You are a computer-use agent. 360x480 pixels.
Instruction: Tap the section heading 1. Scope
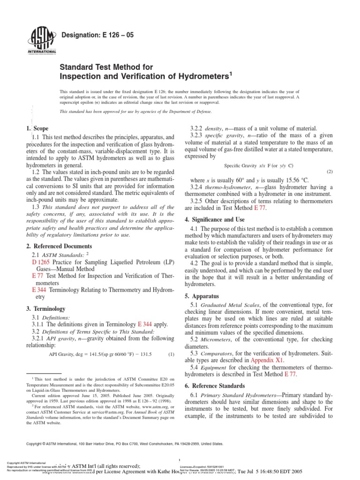click(36, 128)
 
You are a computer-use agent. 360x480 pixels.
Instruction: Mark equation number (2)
click(330, 172)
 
